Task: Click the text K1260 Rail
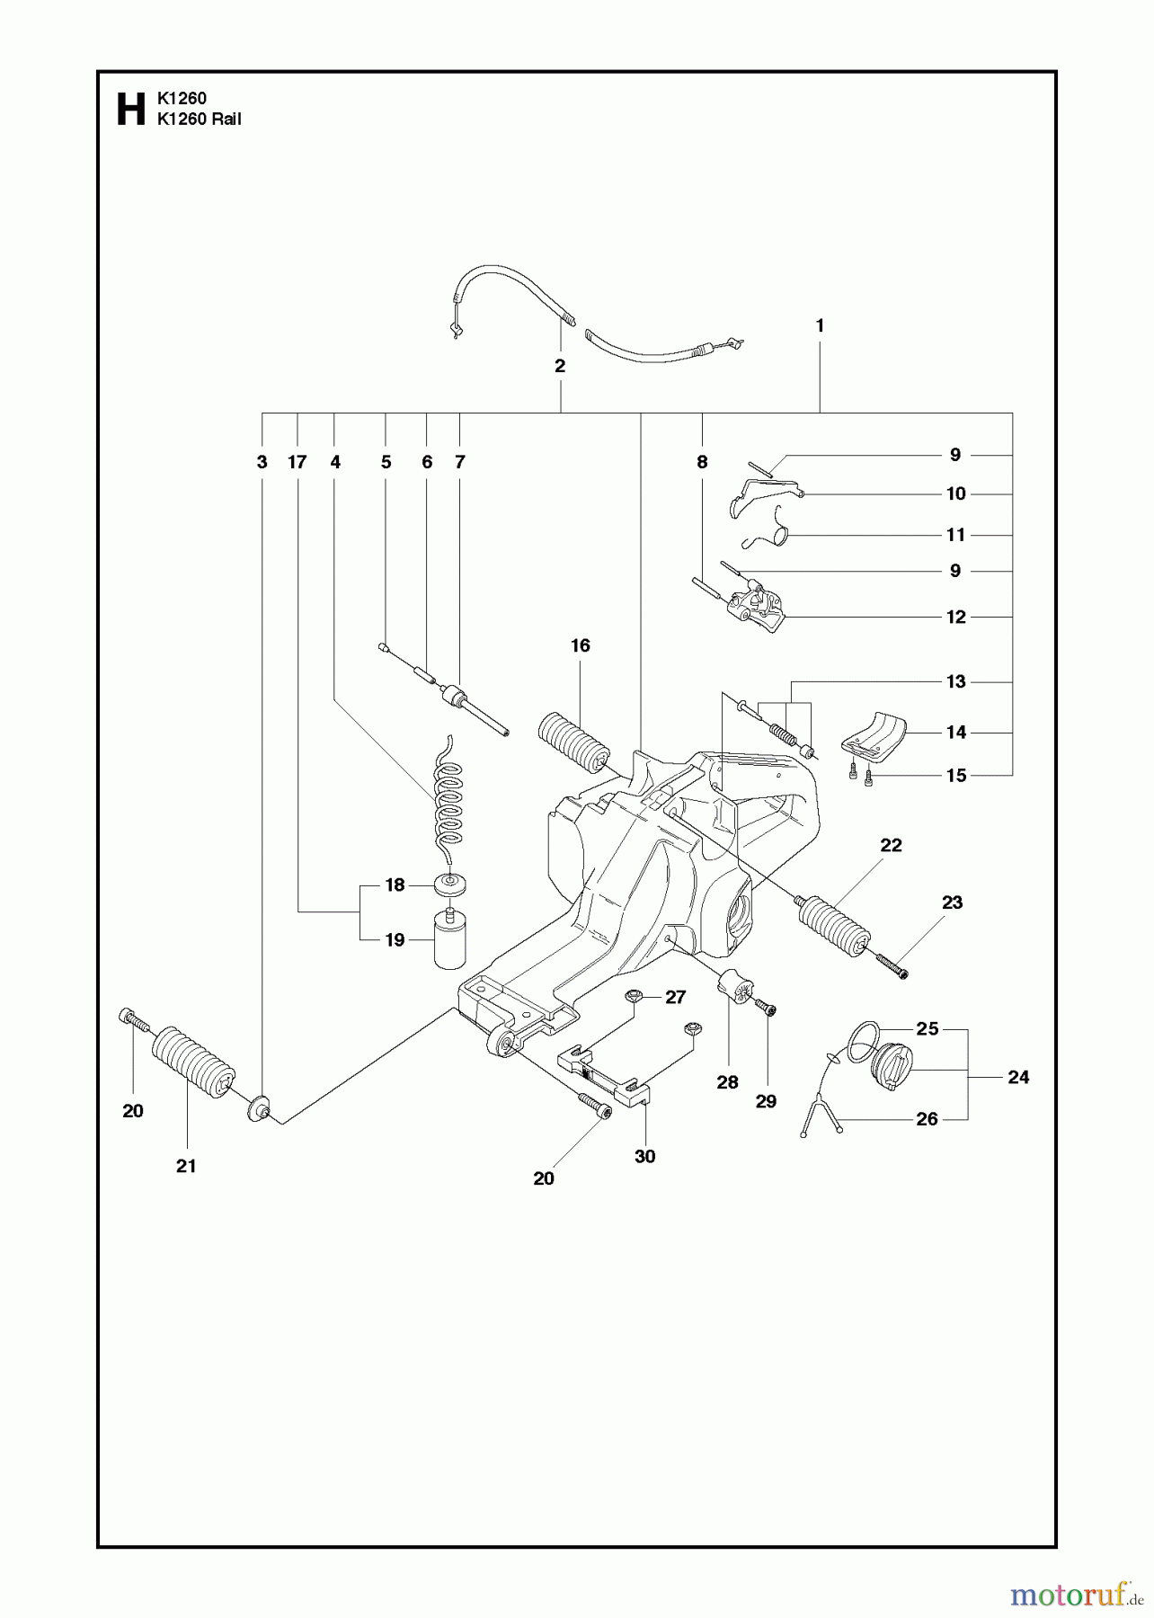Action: tap(199, 120)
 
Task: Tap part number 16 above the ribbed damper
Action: tap(580, 645)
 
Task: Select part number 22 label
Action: tap(891, 845)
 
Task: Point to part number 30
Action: tap(644, 1156)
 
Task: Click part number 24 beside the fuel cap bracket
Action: tap(1017, 1077)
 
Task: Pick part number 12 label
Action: tap(955, 617)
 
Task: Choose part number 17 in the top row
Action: tap(297, 462)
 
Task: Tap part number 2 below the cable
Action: tap(560, 366)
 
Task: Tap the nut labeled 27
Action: tap(635, 995)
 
